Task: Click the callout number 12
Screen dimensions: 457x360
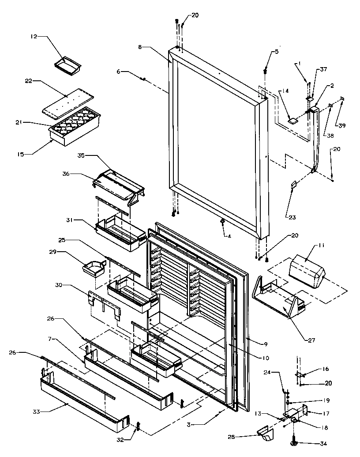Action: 34,37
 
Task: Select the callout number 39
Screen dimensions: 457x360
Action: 342,125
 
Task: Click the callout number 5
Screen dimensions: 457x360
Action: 276,52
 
